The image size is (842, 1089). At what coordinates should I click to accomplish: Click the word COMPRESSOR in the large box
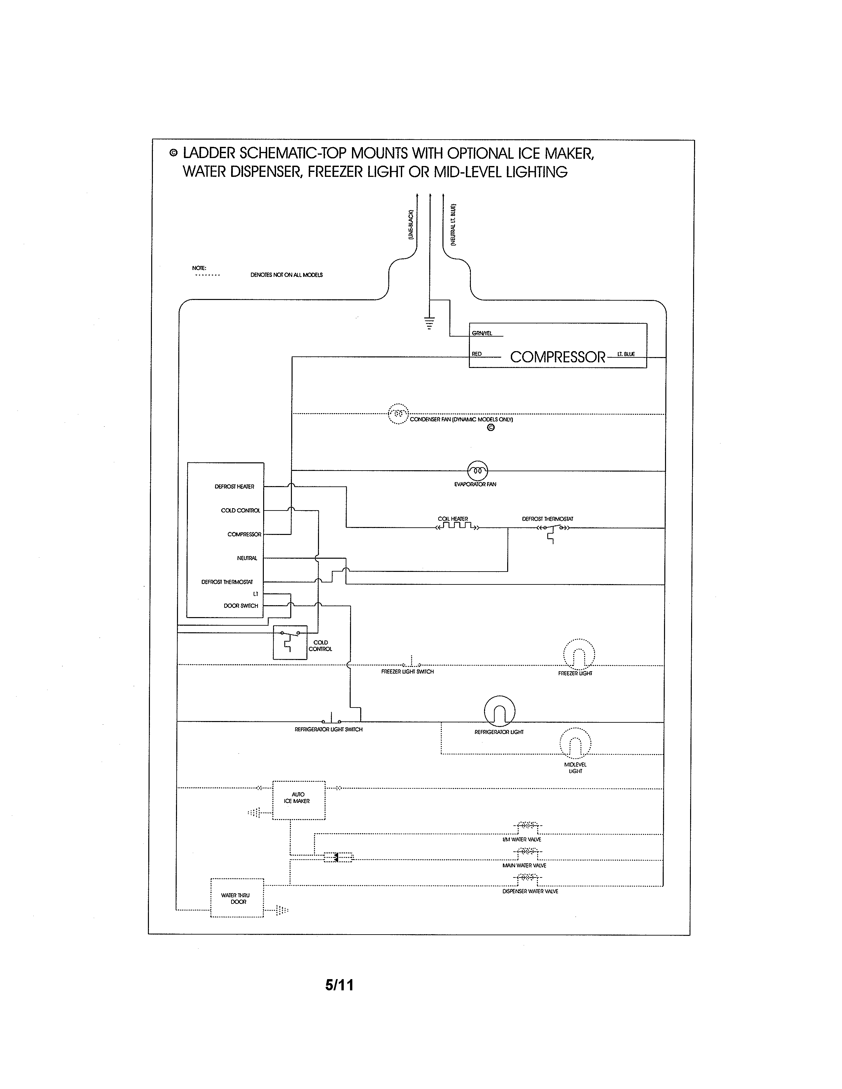coord(557,357)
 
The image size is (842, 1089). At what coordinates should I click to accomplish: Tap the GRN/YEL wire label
coord(482,333)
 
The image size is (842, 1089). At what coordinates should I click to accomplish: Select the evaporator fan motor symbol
coord(477,470)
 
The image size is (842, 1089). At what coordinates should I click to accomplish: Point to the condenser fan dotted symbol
coord(398,413)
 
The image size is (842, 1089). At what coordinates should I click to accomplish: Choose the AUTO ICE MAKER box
coord(298,800)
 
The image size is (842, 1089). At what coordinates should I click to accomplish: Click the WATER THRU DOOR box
coord(237,898)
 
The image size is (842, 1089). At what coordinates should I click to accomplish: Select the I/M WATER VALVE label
coord(521,839)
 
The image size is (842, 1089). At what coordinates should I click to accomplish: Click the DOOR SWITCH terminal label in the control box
coord(241,606)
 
